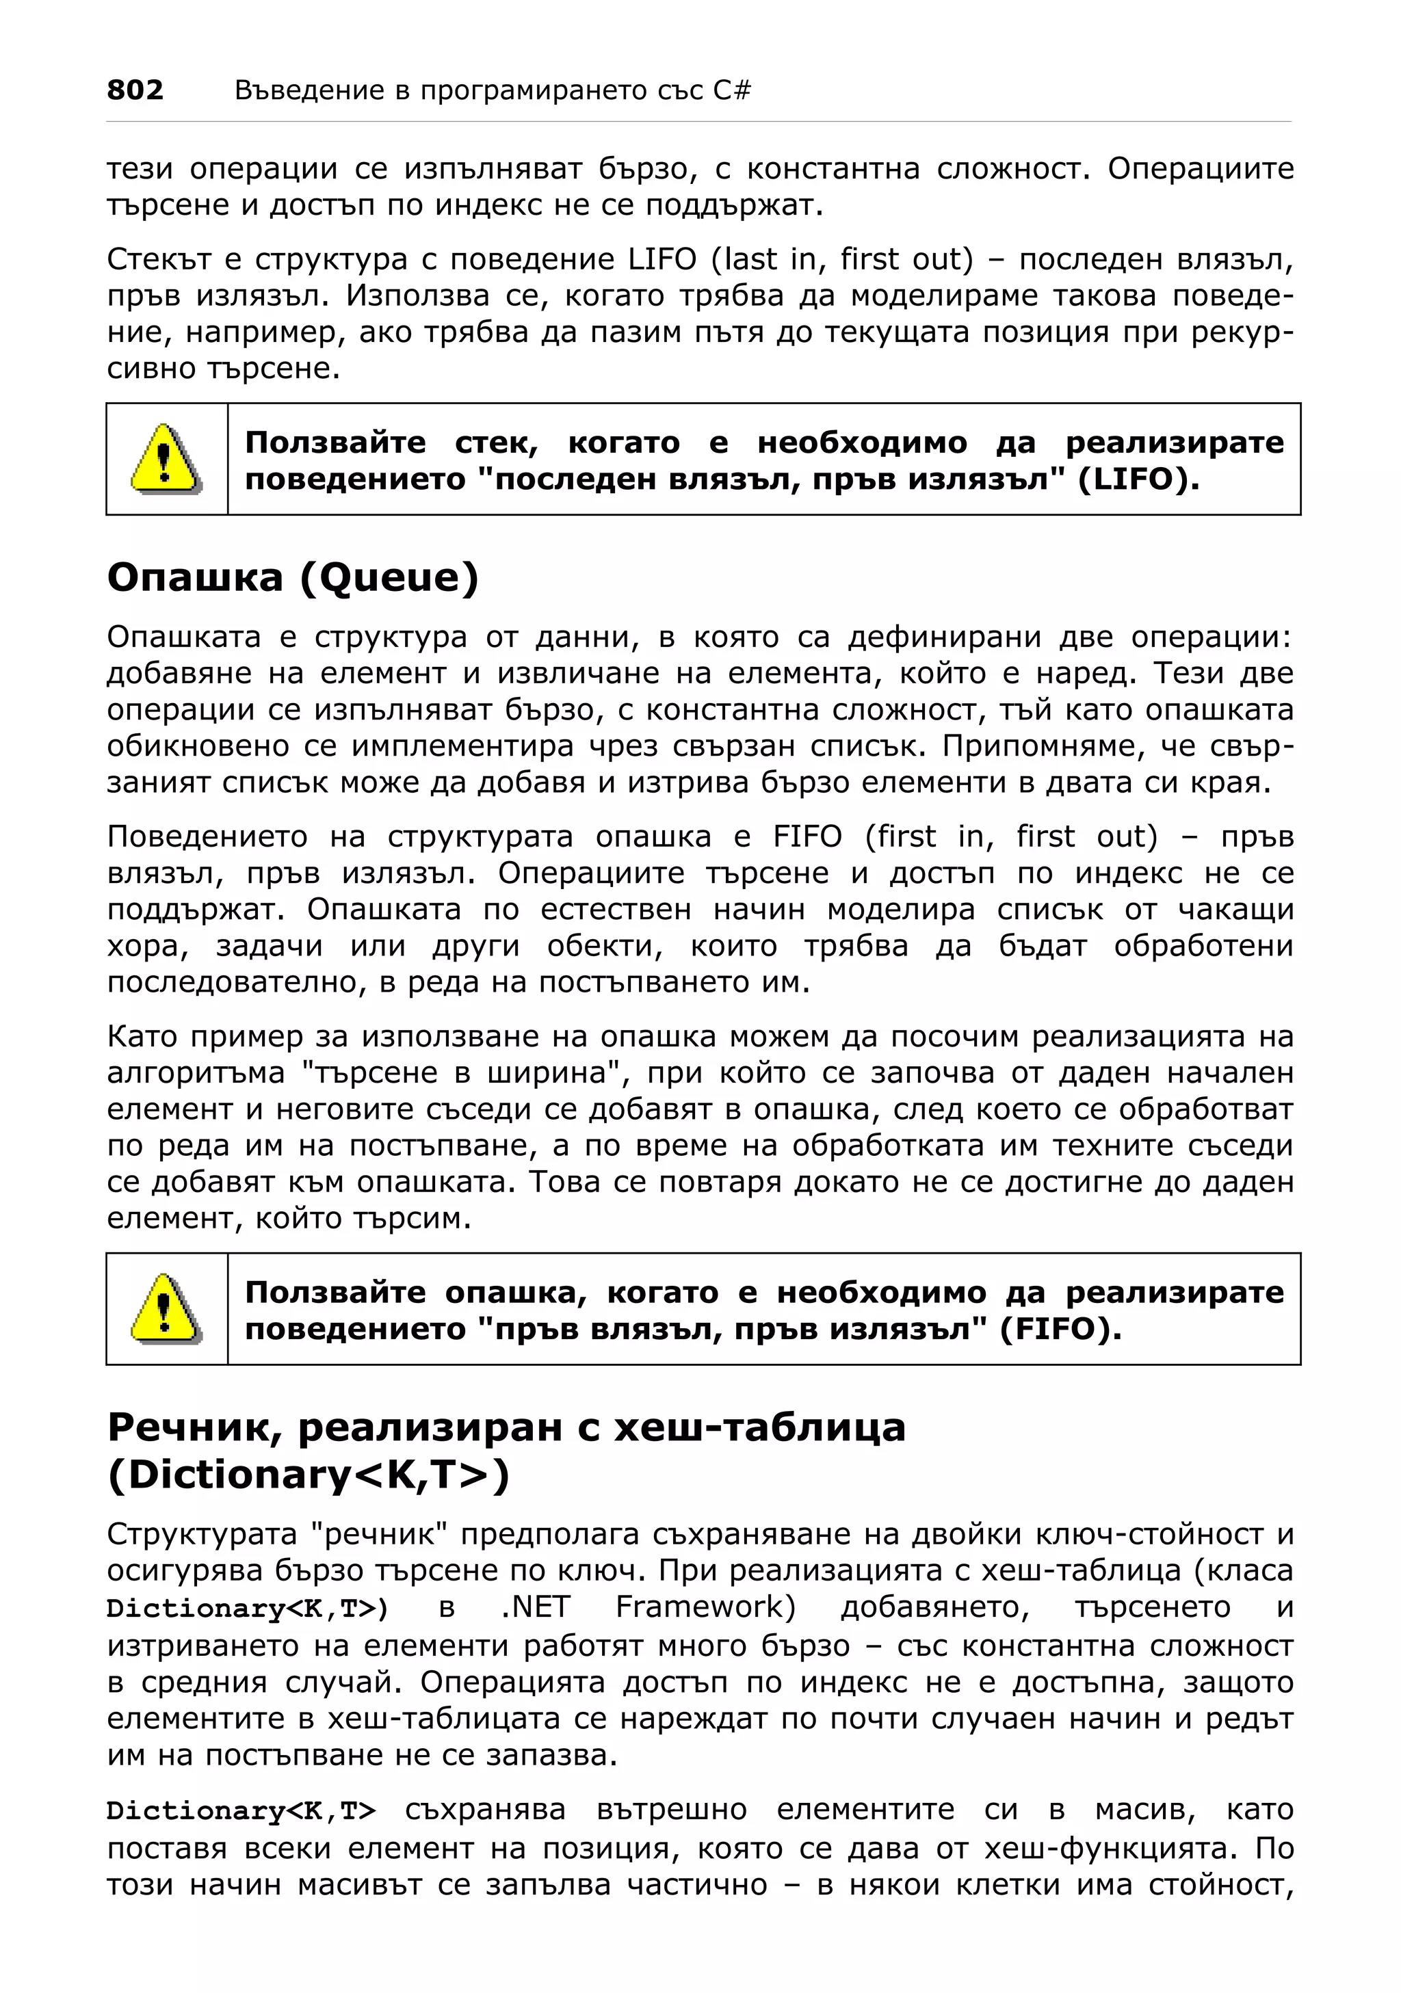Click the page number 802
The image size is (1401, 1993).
click(x=135, y=90)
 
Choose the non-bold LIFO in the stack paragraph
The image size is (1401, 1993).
click(x=662, y=259)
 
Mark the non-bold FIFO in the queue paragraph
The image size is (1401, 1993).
click(x=807, y=836)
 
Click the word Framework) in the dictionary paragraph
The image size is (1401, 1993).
click(x=705, y=1607)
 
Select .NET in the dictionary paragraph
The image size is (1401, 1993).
click(x=535, y=1607)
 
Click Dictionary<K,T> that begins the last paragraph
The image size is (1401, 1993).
click(x=241, y=1810)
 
